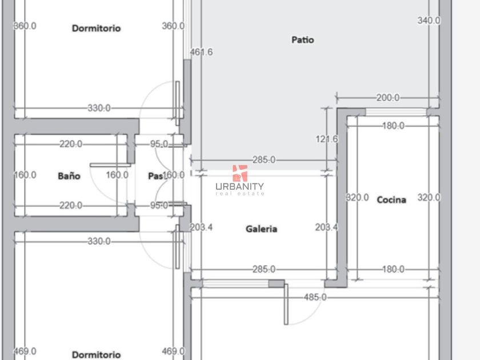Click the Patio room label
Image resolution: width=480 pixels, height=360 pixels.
pyautogui.click(x=302, y=40)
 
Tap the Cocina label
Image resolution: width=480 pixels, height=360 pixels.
pyautogui.click(x=391, y=199)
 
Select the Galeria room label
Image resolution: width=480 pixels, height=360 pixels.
pyautogui.click(x=261, y=229)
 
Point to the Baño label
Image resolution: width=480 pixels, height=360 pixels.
pyautogui.click(x=69, y=176)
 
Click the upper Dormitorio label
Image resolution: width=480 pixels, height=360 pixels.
pyautogui.click(x=96, y=28)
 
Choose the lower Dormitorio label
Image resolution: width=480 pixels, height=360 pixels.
pyautogui.click(x=96, y=354)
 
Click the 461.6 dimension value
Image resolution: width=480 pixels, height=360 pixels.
pyautogui.click(x=201, y=52)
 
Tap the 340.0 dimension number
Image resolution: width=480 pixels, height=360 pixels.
pyautogui.click(x=429, y=20)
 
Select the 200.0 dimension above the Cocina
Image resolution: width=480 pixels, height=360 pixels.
pyautogui.click(x=387, y=98)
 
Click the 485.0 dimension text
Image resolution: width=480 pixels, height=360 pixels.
pyautogui.click(x=315, y=297)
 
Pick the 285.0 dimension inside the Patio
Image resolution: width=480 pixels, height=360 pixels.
pyautogui.click(x=263, y=160)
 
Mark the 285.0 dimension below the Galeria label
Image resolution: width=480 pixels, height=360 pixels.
pyautogui.click(x=263, y=269)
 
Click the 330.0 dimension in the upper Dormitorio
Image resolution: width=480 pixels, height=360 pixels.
pyautogui.click(x=99, y=108)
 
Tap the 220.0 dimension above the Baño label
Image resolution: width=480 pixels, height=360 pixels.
pyautogui.click(x=71, y=144)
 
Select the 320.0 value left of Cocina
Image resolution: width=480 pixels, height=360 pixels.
pyautogui.click(x=358, y=197)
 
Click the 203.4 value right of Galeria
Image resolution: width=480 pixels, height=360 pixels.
pyautogui.click(x=326, y=227)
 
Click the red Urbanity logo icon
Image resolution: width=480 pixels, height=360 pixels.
pyautogui.click(x=239, y=173)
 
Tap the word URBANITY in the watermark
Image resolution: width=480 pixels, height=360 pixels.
pyautogui.click(x=239, y=186)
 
